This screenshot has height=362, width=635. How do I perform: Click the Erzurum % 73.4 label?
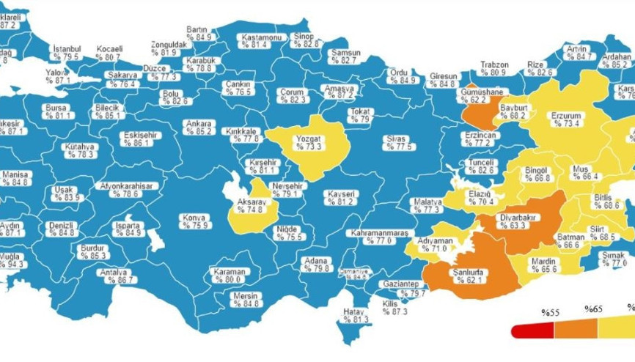[565, 119]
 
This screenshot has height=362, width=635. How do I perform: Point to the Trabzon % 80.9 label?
[494, 68]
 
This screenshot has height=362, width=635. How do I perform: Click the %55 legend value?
[550, 313]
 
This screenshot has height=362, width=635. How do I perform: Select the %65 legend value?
[593, 310]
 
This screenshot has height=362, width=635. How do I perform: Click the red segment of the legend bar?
[532, 330]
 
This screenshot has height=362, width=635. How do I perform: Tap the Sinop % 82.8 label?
[307, 40]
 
